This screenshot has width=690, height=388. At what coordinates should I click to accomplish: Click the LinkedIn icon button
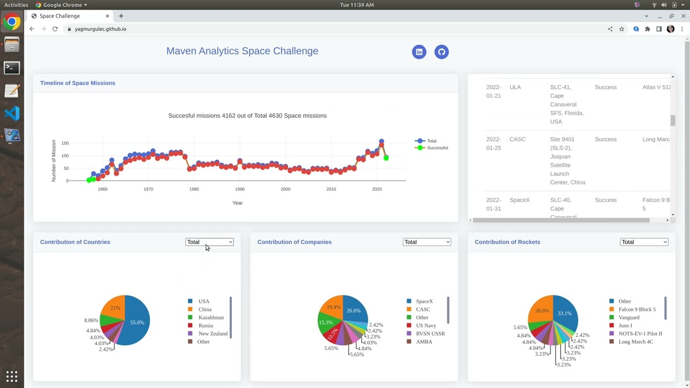point(419,52)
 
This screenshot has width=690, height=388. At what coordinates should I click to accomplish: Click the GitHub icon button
point(441,52)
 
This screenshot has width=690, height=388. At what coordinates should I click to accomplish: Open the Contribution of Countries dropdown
point(209,242)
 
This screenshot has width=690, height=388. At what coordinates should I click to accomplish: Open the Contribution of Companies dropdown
point(426,242)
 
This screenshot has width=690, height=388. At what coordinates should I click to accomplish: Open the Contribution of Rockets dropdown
point(644,242)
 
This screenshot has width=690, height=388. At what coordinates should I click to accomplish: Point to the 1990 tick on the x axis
point(240,189)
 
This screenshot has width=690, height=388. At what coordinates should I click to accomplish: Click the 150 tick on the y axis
point(65,143)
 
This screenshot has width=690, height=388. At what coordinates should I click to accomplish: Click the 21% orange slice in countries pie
point(115,307)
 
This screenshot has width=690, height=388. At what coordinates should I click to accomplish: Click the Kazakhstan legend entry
point(210,317)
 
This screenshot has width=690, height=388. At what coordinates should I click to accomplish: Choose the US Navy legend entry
point(425,325)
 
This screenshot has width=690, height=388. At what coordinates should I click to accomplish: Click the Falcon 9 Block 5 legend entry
point(636,309)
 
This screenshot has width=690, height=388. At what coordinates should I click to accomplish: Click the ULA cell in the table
point(515,87)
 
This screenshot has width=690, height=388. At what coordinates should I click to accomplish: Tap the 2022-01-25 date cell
point(493,143)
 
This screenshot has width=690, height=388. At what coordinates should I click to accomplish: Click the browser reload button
point(55,29)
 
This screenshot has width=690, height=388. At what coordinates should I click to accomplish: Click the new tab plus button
point(121,16)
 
